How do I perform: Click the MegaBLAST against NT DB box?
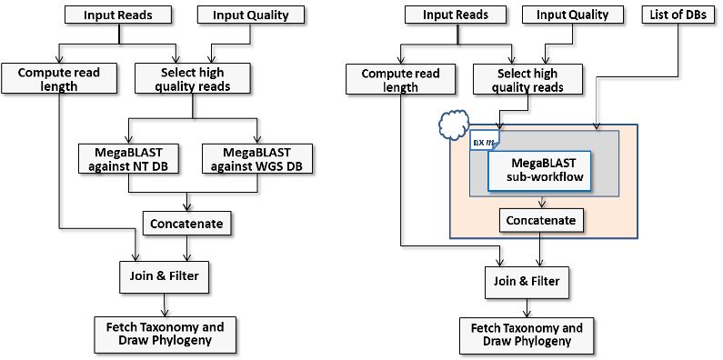(128, 159)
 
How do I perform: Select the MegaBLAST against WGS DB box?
(256, 159)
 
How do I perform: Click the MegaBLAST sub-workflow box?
(539, 170)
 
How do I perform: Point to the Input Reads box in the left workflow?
(118, 15)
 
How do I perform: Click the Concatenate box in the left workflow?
(186, 224)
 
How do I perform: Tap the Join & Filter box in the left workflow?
(164, 276)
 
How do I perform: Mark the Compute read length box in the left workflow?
(60, 78)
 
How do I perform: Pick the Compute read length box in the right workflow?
(400, 80)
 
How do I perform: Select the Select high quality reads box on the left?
(192, 78)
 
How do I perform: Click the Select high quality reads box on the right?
(527, 79)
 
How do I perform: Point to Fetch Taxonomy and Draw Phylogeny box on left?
(166, 334)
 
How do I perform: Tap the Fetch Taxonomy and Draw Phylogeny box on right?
(527, 335)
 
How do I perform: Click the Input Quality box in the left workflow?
(250, 15)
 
